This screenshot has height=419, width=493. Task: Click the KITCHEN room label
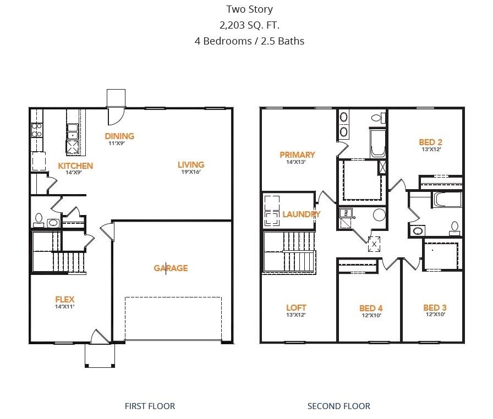(x=75, y=166)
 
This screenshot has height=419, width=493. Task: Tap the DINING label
(x=120, y=136)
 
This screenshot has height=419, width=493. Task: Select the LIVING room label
(x=190, y=164)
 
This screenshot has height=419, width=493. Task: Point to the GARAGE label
(x=171, y=268)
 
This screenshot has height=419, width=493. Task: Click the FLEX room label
(x=64, y=299)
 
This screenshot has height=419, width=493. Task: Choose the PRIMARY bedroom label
(x=297, y=155)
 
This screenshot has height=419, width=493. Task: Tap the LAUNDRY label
(x=301, y=214)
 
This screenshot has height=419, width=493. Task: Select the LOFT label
(x=296, y=307)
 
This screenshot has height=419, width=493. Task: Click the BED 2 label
(x=430, y=142)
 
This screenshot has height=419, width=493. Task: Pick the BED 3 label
(x=434, y=307)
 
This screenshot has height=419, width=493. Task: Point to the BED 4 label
(x=370, y=308)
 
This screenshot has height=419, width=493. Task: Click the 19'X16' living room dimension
(x=190, y=172)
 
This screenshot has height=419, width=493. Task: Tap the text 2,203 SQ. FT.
(x=249, y=25)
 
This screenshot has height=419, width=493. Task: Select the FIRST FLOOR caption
(x=150, y=406)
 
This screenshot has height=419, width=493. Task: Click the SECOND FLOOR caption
(x=338, y=406)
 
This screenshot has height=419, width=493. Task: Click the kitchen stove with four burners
(x=37, y=130)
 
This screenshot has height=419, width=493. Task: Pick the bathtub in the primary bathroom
(x=377, y=145)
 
